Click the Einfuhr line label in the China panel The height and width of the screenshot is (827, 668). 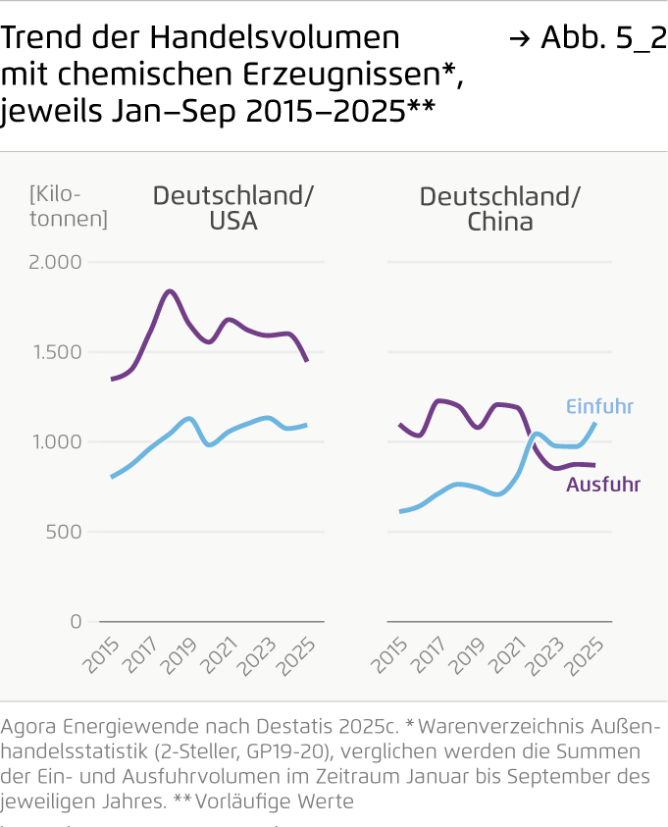point(599,407)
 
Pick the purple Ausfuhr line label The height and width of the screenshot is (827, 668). point(602,485)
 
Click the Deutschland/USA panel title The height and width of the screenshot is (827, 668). point(233,208)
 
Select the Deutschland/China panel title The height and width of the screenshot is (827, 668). point(499,208)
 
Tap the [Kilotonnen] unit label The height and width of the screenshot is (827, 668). point(69,206)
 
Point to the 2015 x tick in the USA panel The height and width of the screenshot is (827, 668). point(101,654)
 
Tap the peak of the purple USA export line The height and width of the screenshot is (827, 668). point(170,290)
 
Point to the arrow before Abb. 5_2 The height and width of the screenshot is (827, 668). point(520,39)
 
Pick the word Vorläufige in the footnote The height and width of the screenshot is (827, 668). point(240,801)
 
